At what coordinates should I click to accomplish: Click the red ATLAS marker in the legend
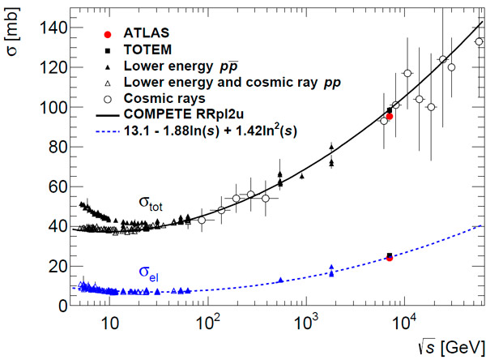click(x=107, y=33)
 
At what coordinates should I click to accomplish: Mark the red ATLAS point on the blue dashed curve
click(x=390, y=258)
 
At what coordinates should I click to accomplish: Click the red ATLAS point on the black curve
click(x=390, y=117)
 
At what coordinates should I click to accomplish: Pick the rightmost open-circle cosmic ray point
click(x=479, y=42)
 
